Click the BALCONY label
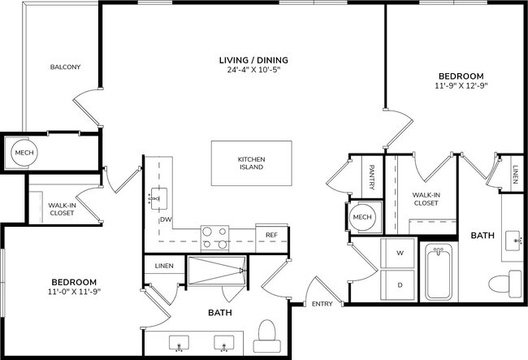tap(64, 67)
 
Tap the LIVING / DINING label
tap(253, 60)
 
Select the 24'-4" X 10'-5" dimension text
tap(253, 70)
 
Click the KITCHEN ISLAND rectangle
tap(251, 163)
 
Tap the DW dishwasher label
tap(165, 219)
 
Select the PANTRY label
tap(371, 177)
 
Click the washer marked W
tap(399, 254)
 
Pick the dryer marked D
tap(399, 284)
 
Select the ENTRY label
tap(322, 305)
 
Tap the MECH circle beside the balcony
tap(19, 151)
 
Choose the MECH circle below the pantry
tap(361, 218)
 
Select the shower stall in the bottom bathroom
tap(215, 271)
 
